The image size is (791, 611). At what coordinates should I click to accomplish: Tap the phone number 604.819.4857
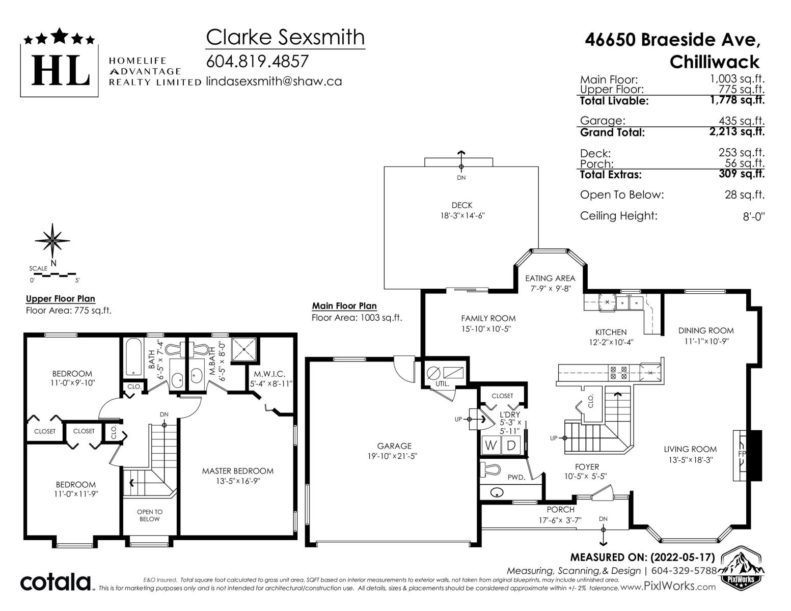coord(257,61)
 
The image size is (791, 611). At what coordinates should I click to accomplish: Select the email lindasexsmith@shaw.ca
coord(274,81)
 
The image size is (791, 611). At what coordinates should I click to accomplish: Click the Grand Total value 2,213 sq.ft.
coord(737,131)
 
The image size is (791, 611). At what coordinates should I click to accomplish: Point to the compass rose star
coord(52,241)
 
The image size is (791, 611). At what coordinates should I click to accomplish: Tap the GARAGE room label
coord(394,446)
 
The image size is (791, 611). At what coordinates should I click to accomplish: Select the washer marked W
coord(490,445)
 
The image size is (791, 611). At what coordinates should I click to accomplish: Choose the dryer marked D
coord(511,445)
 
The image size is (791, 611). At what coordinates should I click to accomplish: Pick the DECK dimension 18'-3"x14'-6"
coord(462,216)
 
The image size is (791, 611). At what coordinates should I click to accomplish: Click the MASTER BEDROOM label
coord(238,471)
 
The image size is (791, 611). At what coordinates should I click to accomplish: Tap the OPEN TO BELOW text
coord(150,515)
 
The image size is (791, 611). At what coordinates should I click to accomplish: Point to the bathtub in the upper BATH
coord(134,357)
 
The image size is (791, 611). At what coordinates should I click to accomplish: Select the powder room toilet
coord(490,469)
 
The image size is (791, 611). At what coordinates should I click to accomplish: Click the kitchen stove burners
coord(618,373)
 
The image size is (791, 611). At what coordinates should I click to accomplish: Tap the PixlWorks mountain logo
coord(741,566)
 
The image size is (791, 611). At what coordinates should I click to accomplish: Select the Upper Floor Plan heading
coord(61,299)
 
